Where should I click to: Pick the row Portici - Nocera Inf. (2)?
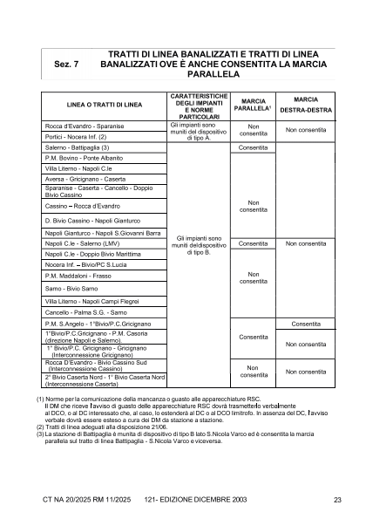tap(76, 137)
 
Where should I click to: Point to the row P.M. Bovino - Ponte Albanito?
tap(84, 158)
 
